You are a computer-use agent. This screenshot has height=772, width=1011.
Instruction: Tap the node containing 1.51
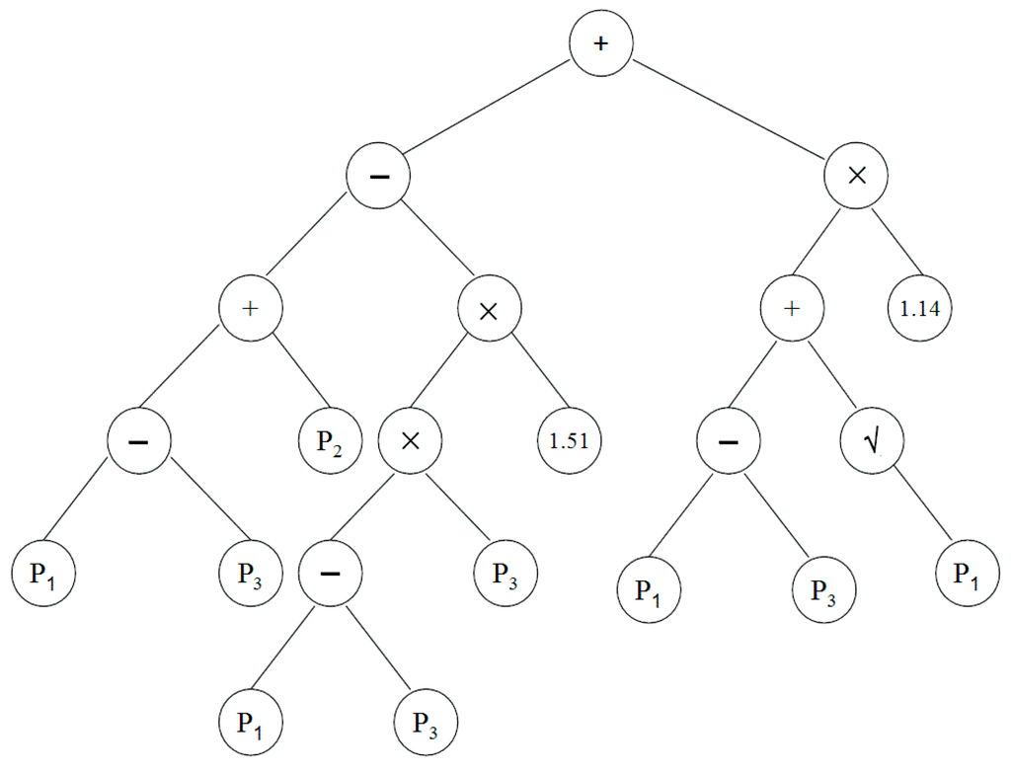click(569, 440)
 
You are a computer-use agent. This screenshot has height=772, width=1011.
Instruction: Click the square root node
click(872, 440)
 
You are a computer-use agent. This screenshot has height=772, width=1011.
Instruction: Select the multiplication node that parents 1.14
click(856, 177)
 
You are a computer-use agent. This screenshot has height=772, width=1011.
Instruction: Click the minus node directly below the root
click(378, 177)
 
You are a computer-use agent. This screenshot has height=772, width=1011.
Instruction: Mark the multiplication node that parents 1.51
click(489, 310)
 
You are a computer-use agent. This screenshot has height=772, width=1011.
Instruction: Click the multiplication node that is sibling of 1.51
click(410, 440)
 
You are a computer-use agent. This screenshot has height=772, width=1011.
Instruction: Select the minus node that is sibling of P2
click(139, 440)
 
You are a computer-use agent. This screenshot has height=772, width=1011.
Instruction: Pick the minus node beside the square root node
click(728, 440)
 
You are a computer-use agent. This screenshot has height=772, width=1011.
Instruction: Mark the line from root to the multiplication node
click(729, 112)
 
